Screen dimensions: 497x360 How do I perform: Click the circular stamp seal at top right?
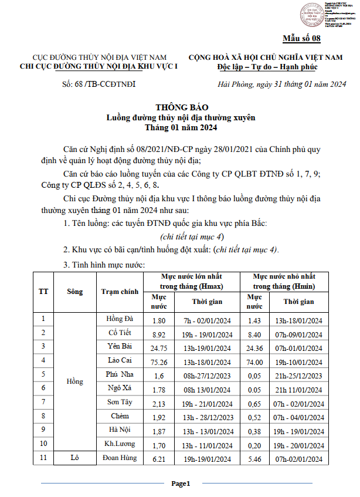pos(312,15)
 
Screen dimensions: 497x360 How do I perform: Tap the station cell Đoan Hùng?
pos(120,457)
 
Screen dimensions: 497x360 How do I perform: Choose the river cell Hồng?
pos(74,381)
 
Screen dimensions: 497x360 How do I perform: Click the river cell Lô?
pos(74,457)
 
